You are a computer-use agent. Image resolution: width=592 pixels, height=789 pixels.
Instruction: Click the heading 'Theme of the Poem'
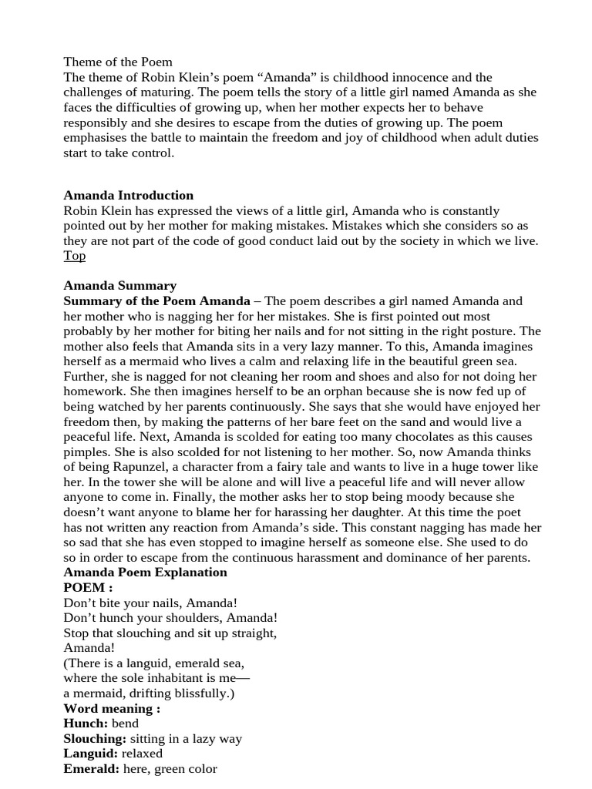click(x=118, y=62)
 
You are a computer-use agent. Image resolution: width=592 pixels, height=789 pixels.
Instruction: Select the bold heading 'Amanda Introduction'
click(x=128, y=195)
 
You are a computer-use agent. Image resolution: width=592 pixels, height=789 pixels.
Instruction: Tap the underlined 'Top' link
click(x=74, y=256)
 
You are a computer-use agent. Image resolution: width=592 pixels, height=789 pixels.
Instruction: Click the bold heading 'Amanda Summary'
click(x=119, y=286)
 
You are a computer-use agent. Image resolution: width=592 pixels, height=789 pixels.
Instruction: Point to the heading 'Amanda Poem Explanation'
click(x=145, y=572)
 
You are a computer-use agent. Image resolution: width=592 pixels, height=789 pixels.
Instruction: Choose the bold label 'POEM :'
click(x=88, y=587)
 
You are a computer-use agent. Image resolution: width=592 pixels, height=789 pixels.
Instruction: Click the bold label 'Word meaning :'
click(x=112, y=708)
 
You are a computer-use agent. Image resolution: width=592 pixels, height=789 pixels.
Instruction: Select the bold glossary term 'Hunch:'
click(x=86, y=724)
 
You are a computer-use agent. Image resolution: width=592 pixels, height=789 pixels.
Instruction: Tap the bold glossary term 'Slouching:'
click(x=95, y=739)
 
